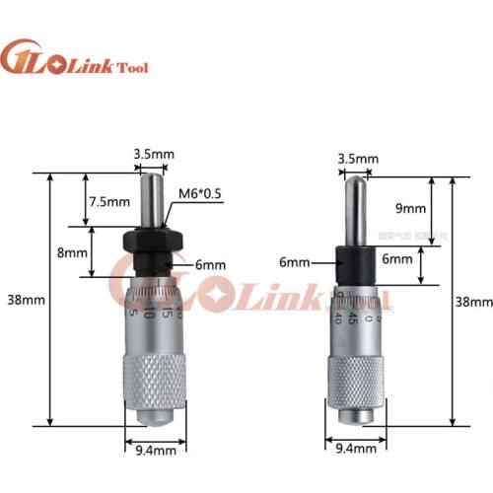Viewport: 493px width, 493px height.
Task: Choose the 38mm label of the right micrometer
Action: (472, 301)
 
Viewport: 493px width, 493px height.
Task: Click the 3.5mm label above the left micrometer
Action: (153, 154)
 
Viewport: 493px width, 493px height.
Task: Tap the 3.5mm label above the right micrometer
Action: (356, 158)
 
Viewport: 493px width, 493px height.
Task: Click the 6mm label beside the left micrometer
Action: (209, 265)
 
